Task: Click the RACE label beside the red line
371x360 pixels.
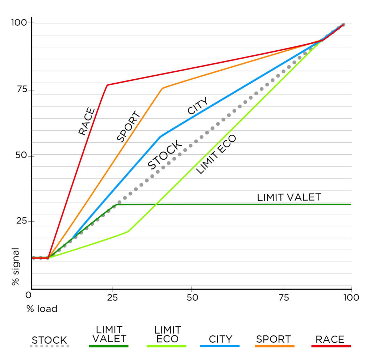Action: click(x=87, y=121)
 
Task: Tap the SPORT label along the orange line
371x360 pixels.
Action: click(x=128, y=127)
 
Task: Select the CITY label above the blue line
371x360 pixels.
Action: click(x=198, y=106)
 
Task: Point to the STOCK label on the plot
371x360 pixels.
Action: click(x=165, y=155)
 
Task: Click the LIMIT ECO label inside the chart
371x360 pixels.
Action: click(x=216, y=154)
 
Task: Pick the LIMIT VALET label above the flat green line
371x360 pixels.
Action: click(x=289, y=197)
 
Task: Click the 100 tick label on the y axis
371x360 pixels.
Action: click(x=19, y=23)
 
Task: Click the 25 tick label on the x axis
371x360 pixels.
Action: click(x=112, y=298)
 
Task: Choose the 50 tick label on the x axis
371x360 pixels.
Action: click(x=192, y=298)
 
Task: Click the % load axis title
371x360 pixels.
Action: click(x=41, y=309)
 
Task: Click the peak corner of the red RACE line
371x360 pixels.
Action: click(x=107, y=85)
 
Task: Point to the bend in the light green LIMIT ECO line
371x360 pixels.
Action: click(x=128, y=231)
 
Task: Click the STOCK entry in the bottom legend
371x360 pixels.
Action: click(x=49, y=340)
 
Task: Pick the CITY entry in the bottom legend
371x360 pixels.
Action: click(x=220, y=339)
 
